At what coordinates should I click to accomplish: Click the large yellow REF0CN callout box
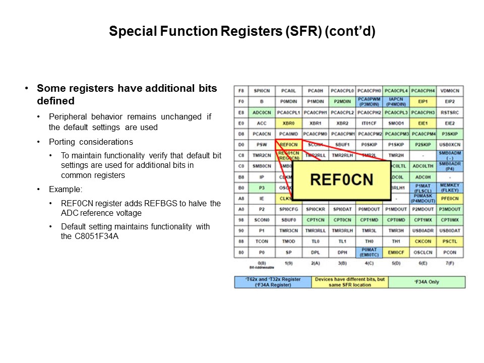pyautogui.click(x=342, y=180)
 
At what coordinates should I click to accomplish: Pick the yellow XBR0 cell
pyautogui.click(x=289, y=123)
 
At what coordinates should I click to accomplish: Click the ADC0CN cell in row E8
pyautogui.click(x=262, y=112)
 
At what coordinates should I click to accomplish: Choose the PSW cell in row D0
pyautogui.click(x=262, y=145)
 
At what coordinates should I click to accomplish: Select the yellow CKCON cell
pyautogui.click(x=423, y=241)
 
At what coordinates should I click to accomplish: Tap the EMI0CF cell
pyautogui.click(x=396, y=252)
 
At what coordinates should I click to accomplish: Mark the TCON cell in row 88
pyautogui.click(x=262, y=241)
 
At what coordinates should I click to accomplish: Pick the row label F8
pyautogui.click(x=241, y=91)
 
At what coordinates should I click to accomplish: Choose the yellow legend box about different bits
pyautogui.click(x=350, y=282)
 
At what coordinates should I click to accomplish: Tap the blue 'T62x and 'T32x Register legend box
pyautogui.click(x=273, y=282)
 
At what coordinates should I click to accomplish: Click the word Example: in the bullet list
pyautogui.click(x=65, y=190)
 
